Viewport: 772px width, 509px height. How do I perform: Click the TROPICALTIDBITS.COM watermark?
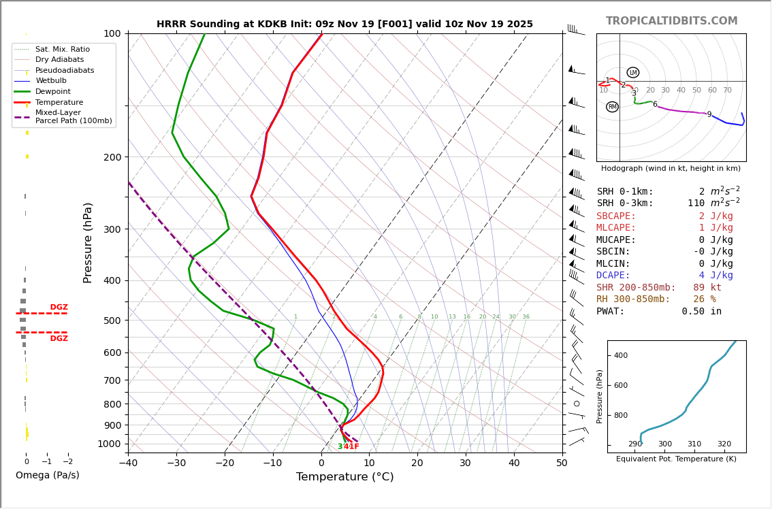tap(671, 21)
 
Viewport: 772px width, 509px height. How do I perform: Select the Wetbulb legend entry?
tap(51, 81)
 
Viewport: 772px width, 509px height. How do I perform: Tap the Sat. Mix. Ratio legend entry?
tap(62, 50)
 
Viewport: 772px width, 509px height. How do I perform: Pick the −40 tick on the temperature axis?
tap(128, 463)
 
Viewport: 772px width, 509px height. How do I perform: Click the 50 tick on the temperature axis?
tap(562, 463)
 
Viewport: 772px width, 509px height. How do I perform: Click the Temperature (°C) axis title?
tap(344, 477)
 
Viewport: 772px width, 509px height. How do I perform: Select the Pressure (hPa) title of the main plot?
tap(88, 242)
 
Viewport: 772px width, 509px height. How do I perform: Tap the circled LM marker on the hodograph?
tap(633, 73)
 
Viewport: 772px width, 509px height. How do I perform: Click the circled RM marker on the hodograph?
tap(612, 107)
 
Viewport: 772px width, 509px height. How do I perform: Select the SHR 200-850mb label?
tap(636, 288)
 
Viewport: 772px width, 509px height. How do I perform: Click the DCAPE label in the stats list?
tap(613, 276)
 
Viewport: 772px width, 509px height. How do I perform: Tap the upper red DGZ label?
tap(59, 308)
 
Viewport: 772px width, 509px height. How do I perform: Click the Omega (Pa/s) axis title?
tap(47, 476)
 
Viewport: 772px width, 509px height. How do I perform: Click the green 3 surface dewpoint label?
tap(340, 447)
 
